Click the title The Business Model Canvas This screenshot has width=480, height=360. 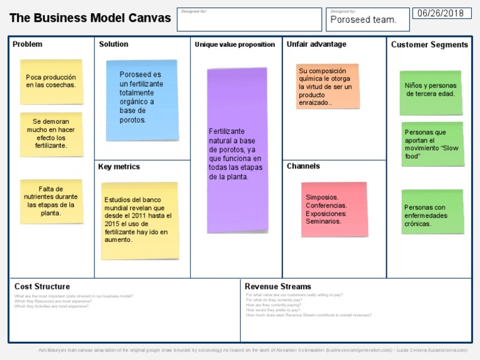click(x=90, y=18)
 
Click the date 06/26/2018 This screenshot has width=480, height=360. click(x=441, y=13)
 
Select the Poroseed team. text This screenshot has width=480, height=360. click(x=363, y=19)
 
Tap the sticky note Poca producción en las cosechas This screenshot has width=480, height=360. click(x=51, y=81)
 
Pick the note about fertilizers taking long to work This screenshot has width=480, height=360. click(x=51, y=134)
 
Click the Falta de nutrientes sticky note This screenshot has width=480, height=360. click(x=51, y=201)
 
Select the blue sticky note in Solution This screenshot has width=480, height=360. click(x=141, y=99)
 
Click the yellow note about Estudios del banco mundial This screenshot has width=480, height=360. click(x=139, y=220)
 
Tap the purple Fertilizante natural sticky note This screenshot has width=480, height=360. click(x=237, y=150)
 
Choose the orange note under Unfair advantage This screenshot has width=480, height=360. click(x=327, y=87)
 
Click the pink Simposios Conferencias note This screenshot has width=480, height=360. click(x=334, y=209)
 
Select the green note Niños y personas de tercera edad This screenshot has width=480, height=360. click(x=431, y=92)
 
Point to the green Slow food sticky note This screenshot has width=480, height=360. click(x=432, y=144)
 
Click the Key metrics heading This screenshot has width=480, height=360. click(x=119, y=167)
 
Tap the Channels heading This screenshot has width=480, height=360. click(x=303, y=166)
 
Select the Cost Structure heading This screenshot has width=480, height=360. click(x=42, y=286)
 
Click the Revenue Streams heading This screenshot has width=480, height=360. click(x=277, y=286)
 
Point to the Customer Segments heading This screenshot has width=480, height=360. click(x=429, y=44)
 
